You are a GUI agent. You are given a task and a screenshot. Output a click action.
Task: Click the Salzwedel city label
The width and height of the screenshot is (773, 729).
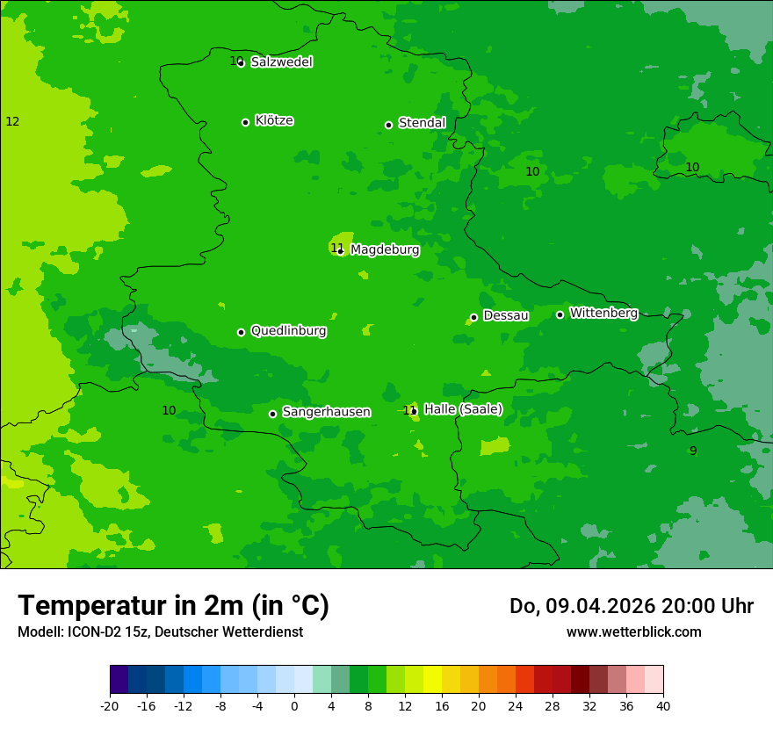click(x=281, y=62)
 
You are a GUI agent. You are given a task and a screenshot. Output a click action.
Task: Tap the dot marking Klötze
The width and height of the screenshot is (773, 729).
click(x=245, y=122)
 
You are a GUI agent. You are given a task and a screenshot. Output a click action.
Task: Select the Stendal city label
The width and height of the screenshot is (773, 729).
click(x=422, y=123)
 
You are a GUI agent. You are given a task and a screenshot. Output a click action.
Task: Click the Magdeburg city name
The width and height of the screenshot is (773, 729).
click(x=385, y=250)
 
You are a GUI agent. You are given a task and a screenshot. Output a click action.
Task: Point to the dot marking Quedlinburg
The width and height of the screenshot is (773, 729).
click(x=241, y=332)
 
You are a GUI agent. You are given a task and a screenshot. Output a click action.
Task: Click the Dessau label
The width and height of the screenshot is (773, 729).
click(x=506, y=315)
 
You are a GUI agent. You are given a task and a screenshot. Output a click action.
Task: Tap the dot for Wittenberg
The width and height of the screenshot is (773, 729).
click(x=560, y=314)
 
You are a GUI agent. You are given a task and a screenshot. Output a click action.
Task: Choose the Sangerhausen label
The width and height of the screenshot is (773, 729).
click(x=326, y=412)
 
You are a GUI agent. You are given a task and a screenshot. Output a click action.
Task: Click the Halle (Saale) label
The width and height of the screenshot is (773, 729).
click(x=463, y=409)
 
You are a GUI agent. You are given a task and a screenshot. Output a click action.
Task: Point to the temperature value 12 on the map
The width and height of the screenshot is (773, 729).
click(x=12, y=121)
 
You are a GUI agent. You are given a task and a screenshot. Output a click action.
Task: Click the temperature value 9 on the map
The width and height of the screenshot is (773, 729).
click(x=693, y=451)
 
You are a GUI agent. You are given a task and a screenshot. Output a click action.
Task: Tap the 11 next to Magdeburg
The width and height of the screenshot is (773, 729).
click(x=336, y=248)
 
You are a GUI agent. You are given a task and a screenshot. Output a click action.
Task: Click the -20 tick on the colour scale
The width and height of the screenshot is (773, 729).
click(x=110, y=706)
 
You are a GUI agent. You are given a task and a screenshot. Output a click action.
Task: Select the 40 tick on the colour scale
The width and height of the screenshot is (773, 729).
click(x=662, y=706)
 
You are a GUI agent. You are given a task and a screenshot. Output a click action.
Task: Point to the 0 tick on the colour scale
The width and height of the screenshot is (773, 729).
click(x=294, y=706)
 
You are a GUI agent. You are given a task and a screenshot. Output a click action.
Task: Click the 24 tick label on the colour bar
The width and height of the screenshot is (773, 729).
click(x=516, y=706)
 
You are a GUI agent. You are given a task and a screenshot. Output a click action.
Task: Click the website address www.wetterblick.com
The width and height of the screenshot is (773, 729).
click(x=633, y=632)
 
